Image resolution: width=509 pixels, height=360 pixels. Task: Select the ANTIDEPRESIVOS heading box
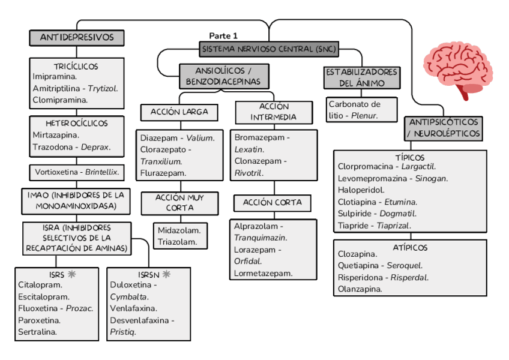coord(77,38)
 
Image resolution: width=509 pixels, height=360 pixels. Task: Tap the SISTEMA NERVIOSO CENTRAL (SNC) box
coord(270,49)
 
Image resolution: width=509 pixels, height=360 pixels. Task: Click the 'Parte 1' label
coord(223,36)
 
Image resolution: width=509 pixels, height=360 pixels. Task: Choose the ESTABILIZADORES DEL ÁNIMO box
coord(361,77)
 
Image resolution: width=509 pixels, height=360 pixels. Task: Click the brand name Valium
coord(200,138)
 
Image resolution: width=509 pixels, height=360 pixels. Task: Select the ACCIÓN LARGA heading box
coord(179,112)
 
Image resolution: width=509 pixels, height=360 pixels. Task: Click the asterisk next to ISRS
coord(73,274)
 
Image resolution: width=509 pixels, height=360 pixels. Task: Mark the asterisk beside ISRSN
coord(166,274)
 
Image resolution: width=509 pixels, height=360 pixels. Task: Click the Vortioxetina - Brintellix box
coord(77,172)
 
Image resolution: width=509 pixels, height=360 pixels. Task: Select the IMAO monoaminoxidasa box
coord(76,201)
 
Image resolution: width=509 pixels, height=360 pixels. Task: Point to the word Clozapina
coord(358,254)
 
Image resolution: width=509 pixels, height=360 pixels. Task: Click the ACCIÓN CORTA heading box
coord(273,203)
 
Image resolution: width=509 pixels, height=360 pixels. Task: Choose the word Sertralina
coord(38,332)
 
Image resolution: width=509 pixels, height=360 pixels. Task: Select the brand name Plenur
coord(364,116)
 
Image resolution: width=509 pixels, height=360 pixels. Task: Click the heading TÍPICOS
coord(410,157)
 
